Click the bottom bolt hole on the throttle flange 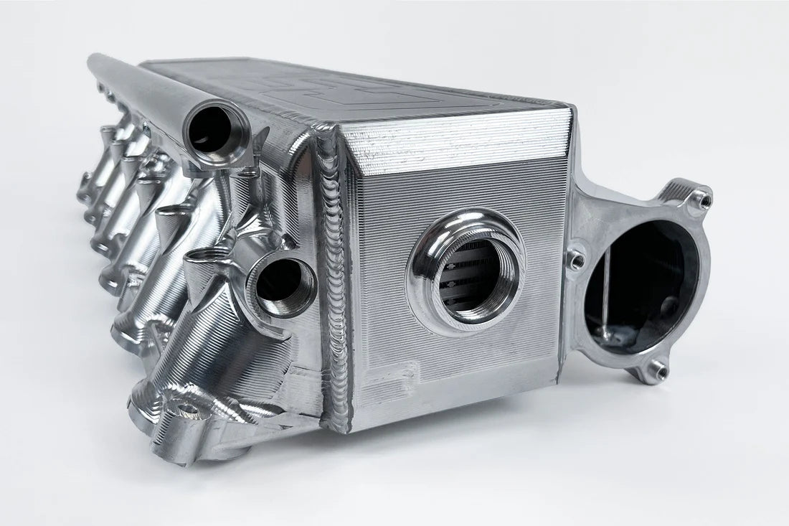click(x=657, y=370)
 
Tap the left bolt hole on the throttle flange click(x=575, y=260)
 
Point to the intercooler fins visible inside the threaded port click(x=466, y=280)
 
